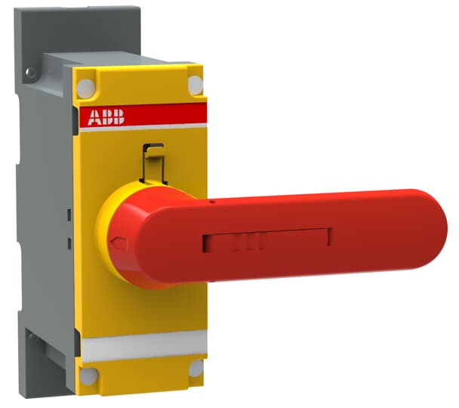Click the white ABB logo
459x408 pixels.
[x=106, y=116]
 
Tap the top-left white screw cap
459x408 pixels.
[x=85, y=85]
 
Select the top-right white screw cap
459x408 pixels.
[x=195, y=85]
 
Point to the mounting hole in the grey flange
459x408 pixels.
[x=30, y=73]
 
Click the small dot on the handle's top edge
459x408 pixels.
[x=213, y=202]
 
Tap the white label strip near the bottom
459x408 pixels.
[x=143, y=347]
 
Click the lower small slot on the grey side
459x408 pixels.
[x=68, y=243]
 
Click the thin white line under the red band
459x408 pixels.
[x=143, y=128]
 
